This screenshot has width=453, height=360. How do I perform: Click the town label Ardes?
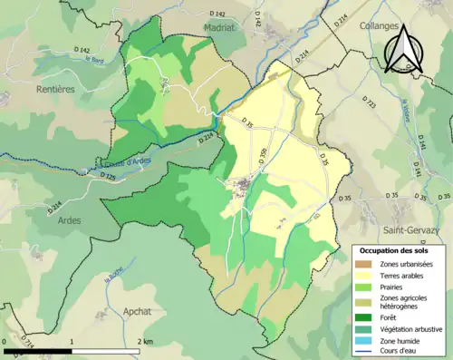point(69,220)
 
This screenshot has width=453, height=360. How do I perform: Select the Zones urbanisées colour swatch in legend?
point(367,264)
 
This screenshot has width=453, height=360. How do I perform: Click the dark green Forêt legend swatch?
point(367,317)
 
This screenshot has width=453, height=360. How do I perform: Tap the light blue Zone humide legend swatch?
point(367,339)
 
